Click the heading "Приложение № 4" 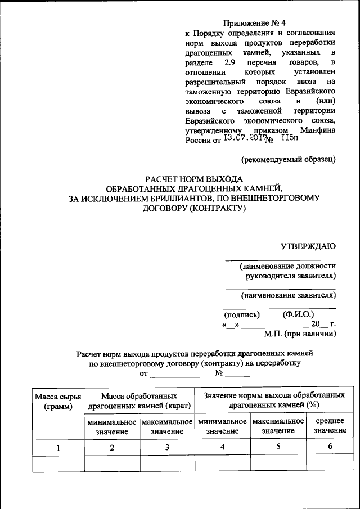coord(255,23)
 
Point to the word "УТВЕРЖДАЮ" coord(308,245)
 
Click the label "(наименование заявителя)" coord(288,295)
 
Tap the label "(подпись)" coord(242,314)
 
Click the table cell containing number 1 coord(58,448)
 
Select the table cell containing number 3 coord(167,448)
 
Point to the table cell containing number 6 coord(330,448)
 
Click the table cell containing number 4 coord(223,448)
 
